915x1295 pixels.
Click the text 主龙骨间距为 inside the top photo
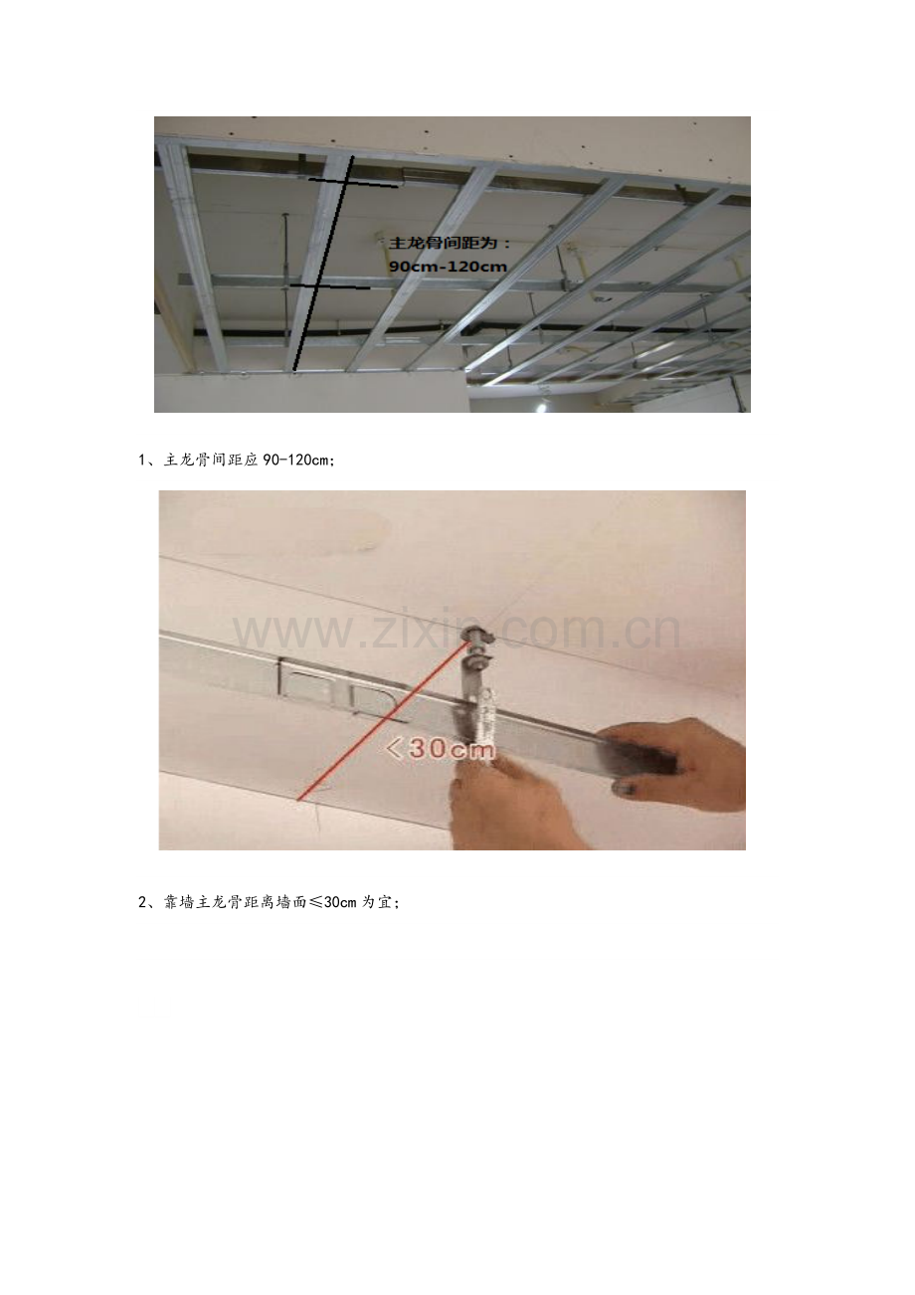(x=444, y=244)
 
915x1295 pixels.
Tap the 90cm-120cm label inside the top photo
(x=448, y=268)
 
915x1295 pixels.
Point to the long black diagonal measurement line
(x=322, y=263)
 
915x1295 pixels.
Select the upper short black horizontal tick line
(x=353, y=183)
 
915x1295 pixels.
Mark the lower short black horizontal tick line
(x=329, y=286)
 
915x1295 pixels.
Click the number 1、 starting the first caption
(x=148, y=461)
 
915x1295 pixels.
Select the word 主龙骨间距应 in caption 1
(x=211, y=461)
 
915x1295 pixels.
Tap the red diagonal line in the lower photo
(x=382, y=721)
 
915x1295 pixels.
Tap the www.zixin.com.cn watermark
(x=457, y=632)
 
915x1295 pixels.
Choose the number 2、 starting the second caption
(x=148, y=902)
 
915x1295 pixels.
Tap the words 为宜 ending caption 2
(x=377, y=902)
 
